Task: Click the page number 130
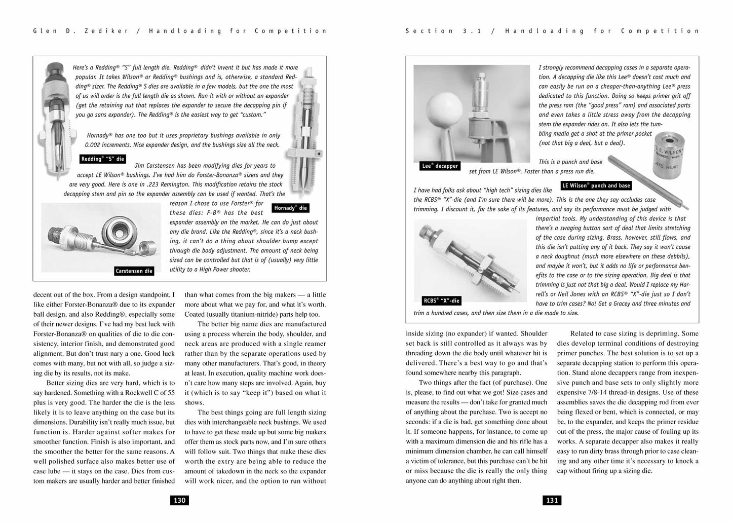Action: point(180,500)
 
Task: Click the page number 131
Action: point(552,500)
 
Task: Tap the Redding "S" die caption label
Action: point(102,159)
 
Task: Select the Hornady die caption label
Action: point(290,208)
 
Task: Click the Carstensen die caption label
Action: point(134,271)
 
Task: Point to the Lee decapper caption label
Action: point(439,166)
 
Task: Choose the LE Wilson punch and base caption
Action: point(596,185)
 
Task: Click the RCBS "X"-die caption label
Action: point(441,301)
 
